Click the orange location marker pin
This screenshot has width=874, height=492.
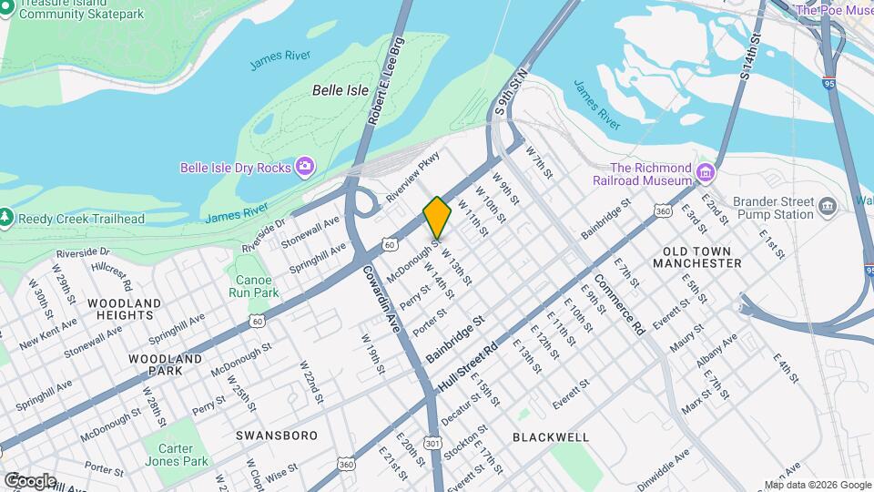tap(437, 218)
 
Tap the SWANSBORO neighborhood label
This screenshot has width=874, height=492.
tap(277, 436)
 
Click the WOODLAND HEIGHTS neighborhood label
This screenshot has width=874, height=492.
tap(125, 309)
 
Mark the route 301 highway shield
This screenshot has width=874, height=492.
tap(432, 443)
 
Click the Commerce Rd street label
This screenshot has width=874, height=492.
tap(620, 304)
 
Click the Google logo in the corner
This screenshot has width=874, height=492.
tap(29, 480)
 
